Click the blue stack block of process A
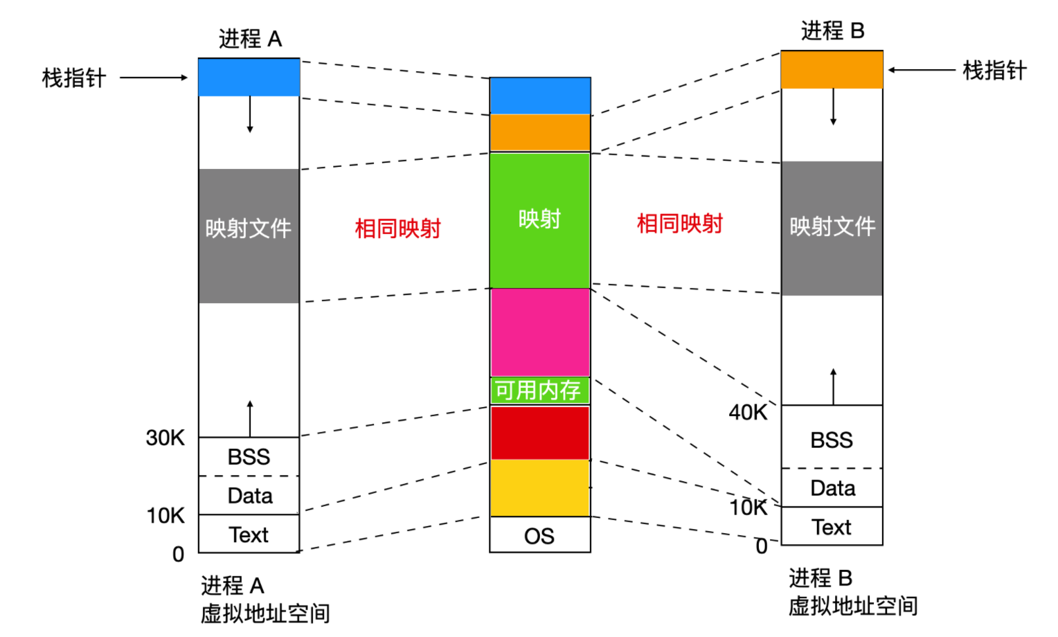(x=249, y=77)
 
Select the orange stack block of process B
(x=832, y=69)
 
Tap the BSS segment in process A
(x=249, y=456)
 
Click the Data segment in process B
(x=832, y=488)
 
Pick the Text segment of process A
(x=249, y=534)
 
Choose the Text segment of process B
(x=832, y=527)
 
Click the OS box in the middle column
(x=539, y=535)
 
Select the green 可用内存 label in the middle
(x=539, y=391)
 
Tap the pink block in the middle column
(x=539, y=332)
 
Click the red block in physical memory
(x=539, y=433)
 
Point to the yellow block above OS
(x=539, y=488)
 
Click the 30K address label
(x=165, y=438)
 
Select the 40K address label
(x=748, y=413)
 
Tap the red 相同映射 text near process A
(x=397, y=228)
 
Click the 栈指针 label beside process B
(x=994, y=71)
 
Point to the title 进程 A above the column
(x=250, y=39)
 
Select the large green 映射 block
(x=539, y=219)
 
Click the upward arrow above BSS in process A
(x=250, y=418)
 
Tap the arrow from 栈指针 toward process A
(x=154, y=78)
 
